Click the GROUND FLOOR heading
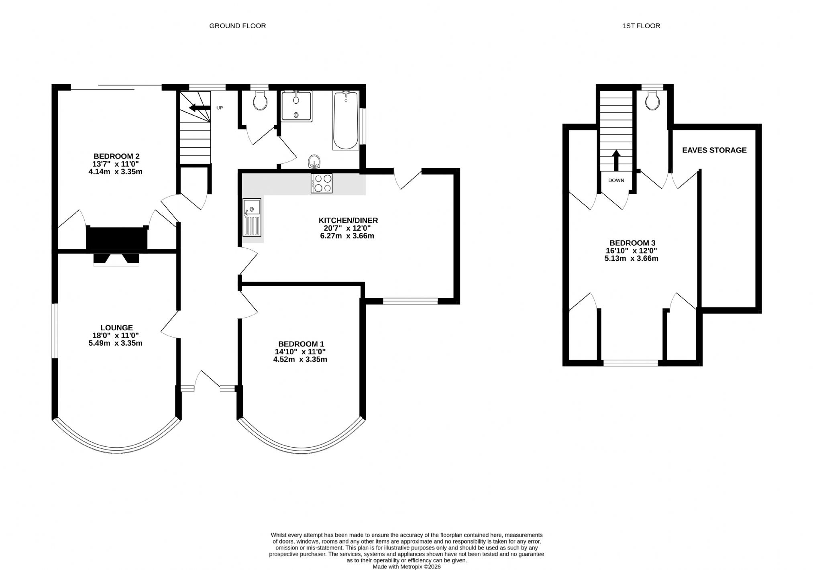pos(237,26)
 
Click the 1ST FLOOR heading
pos(641,26)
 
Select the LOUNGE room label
pos(116,328)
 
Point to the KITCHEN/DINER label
pos(348,220)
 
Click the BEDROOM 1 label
pos(301,344)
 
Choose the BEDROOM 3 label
pos(632,243)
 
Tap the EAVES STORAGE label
pos(715,150)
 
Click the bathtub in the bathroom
pos(346,121)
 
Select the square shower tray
pos(297,106)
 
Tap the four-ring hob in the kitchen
pos(322,183)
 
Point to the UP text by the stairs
pos(220,108)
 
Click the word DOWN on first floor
pos(616,181)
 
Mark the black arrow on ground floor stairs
pos(200,108)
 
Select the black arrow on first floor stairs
pos(616,161)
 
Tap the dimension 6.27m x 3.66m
pos(347,236)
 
